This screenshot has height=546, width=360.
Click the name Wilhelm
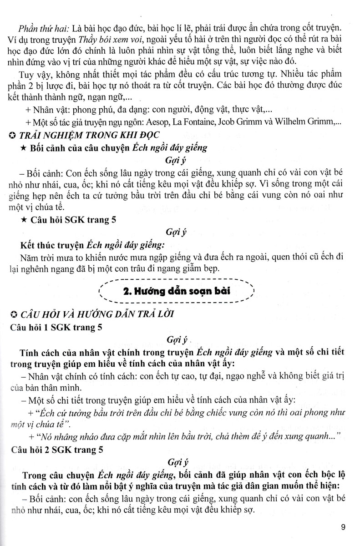click(308, 122)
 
